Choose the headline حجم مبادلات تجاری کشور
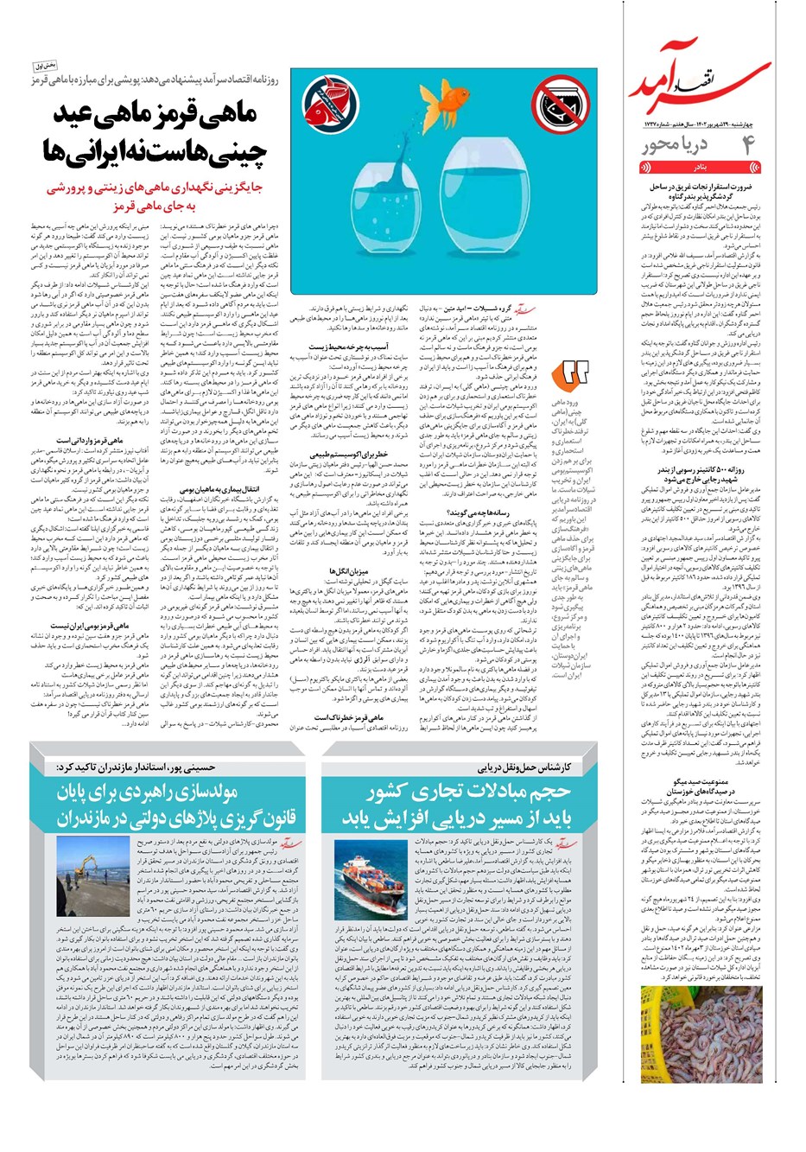pos(457,804)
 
